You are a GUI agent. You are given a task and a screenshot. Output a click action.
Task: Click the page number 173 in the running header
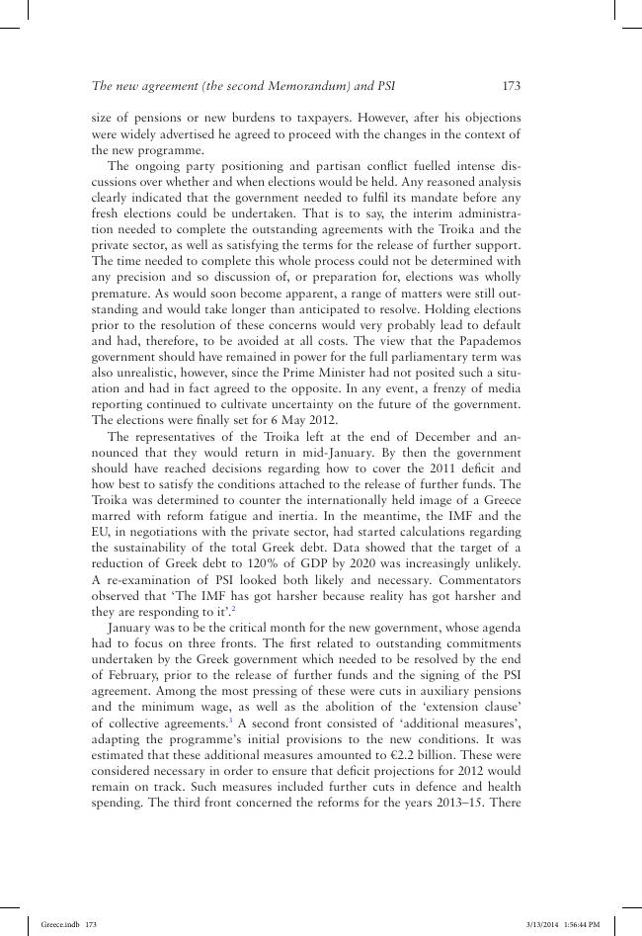pyautogui.click(x=511, y=86)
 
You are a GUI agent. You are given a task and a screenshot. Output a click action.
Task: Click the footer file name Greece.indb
pyautogui.click(x=54, y=923)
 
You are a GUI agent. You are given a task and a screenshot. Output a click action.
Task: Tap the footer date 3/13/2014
pyautogui.click(x=542, y=923)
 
